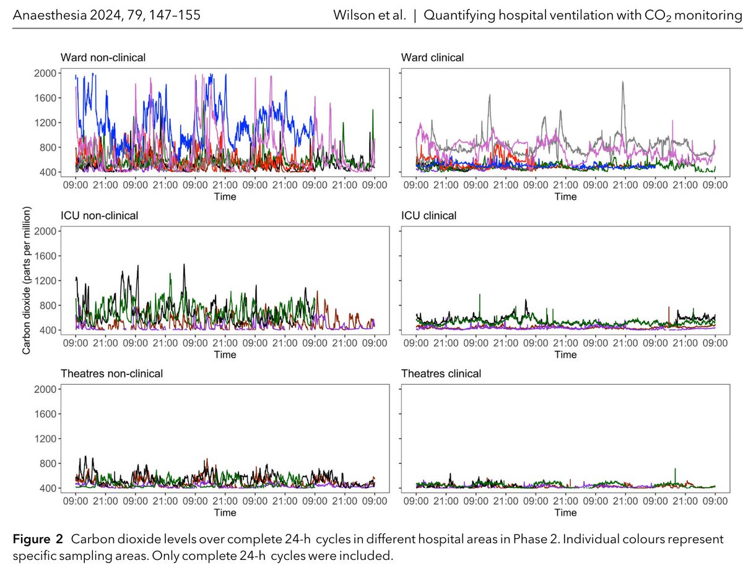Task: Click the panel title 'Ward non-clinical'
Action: pyautogui.click(x=103, y=58)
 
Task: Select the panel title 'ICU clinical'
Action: pyautogui.click(x=428, y=215)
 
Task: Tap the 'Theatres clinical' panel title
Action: pyautogui.click(x=441, y=373)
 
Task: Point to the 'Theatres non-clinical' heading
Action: pyautogui.click(x=111, y=373)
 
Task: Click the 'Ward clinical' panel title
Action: pyautogui.click(x=432, y=58)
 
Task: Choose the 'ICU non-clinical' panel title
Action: pyautogui.click(x=99, y=215)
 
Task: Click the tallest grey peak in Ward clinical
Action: pyautogui.click(x=623, y=82)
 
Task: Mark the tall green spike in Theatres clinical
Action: pyautogui.click(x=675, y=470)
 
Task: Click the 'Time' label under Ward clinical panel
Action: pyautogui.click(x=565, y=197)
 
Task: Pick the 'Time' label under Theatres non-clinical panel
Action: pyautogui.click(x=225, y=512)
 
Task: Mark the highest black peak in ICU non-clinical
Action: pyautogui.click(x=184, y=265)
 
